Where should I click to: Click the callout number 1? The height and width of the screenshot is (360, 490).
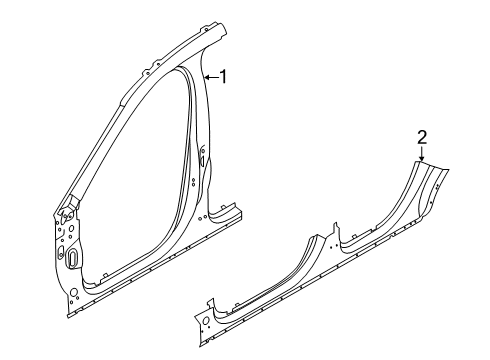click(x=225, y=76)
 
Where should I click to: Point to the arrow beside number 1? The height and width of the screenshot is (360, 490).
click(x=209, y=76)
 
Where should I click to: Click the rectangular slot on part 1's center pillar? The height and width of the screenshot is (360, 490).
click(x=203, y=157)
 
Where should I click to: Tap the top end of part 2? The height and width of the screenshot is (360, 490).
click(x=425, y=162)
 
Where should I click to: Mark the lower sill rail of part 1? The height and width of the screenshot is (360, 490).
click(x=150, y=276)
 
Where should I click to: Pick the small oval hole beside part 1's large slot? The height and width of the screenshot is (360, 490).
click(x=61, y=251)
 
